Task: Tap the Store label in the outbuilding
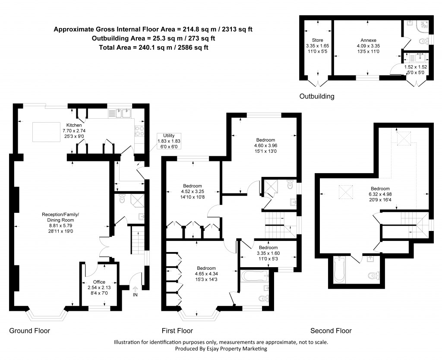click(x=311, y=40)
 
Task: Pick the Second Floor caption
click(x=331, y=331)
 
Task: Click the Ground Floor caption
click(x=30, y=331)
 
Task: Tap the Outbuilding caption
click(x=317, y=96)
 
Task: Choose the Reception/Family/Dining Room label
click(x=60, y=220)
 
